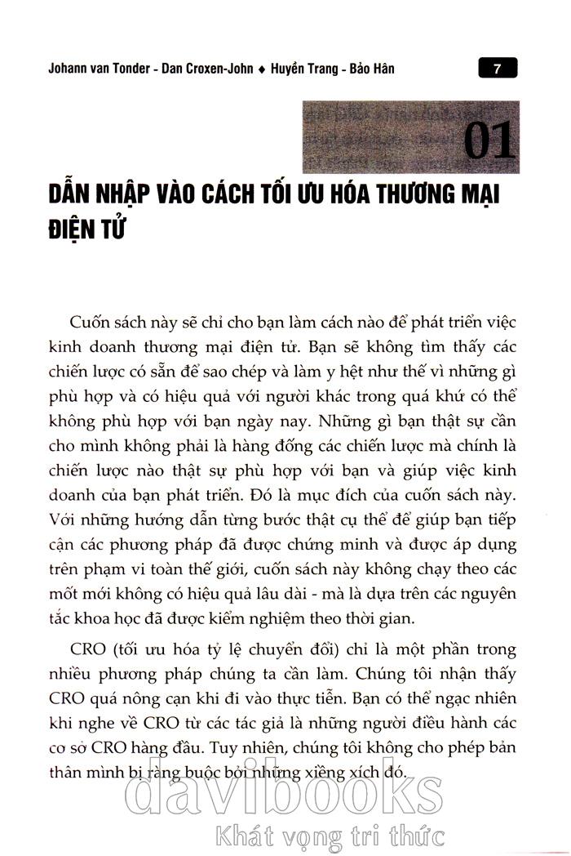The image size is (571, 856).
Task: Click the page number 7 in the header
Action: [496, 69]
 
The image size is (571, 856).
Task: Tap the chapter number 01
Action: [489, 140]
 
